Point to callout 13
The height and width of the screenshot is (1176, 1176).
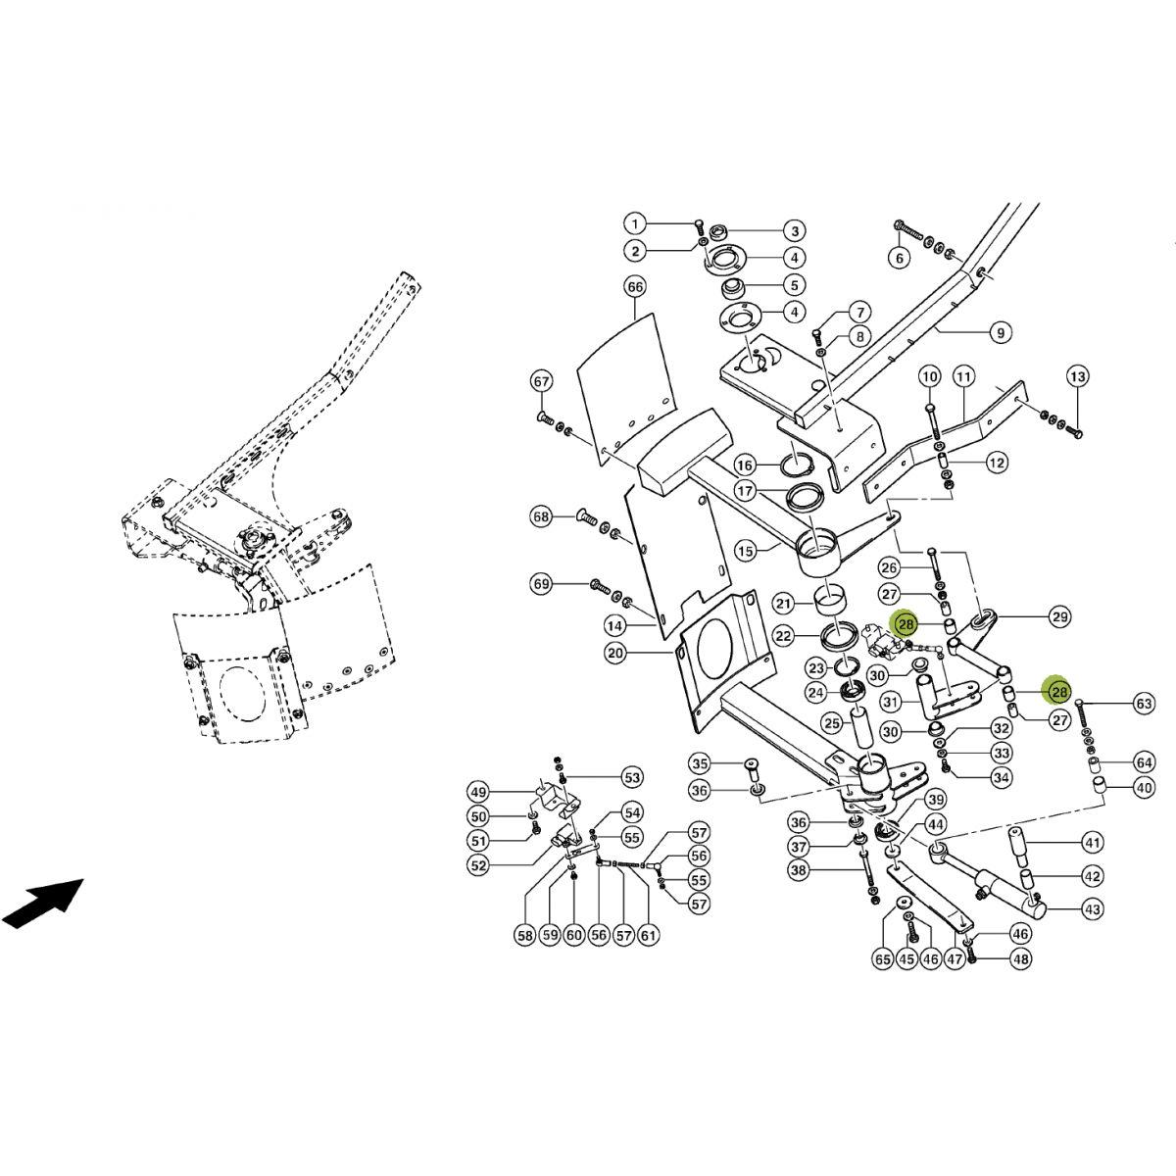1077,376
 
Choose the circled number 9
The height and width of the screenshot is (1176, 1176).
1000,333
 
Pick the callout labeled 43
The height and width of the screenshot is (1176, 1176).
1093,909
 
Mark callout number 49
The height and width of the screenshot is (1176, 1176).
478,792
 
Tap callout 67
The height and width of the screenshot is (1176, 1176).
542,380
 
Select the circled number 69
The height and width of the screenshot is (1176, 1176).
542,585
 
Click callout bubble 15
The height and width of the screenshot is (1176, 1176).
746,552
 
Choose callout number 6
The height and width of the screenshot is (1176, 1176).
899,258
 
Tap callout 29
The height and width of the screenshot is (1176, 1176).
1059,616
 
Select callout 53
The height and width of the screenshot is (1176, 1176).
632,778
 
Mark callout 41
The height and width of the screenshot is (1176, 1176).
1093,842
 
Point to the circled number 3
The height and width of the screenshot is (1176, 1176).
794,231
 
